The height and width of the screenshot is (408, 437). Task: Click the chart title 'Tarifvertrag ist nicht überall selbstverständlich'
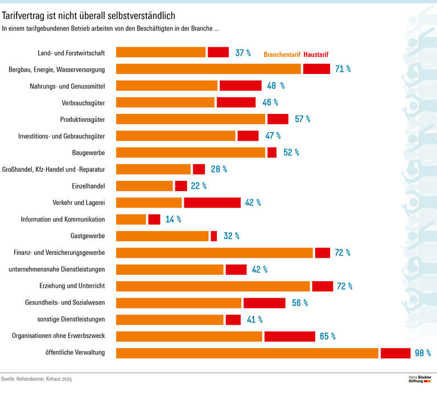click(x=89, y=15)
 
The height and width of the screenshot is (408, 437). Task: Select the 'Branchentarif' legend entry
click(x=282, y=55)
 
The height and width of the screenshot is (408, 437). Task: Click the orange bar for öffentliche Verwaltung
click(x=247, y=353)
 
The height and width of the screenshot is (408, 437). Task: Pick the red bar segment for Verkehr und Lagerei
click(x=212, y=203)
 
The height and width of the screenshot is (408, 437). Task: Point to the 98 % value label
click(x=422, y=353)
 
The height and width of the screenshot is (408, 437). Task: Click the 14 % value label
click(x=173, y=219)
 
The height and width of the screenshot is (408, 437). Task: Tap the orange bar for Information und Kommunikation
click(x=131, y=219)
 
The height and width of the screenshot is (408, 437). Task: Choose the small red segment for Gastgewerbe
click(x=214, y=236)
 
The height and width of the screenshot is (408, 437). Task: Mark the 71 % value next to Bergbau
click(x=343, y=69)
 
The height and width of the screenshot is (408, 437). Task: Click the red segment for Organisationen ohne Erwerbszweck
click(x=290, y=336)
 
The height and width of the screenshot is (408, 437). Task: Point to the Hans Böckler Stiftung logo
click(x=420, y=379)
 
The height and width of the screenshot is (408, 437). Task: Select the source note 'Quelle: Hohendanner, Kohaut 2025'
click(x=37, y=379)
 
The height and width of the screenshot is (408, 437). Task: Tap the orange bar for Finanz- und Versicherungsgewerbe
click(x=215, y=253)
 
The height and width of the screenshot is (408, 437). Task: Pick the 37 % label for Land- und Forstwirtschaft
click(x=243, y=53)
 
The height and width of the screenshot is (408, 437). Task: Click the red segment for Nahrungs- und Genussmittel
click(x=241, y=85)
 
